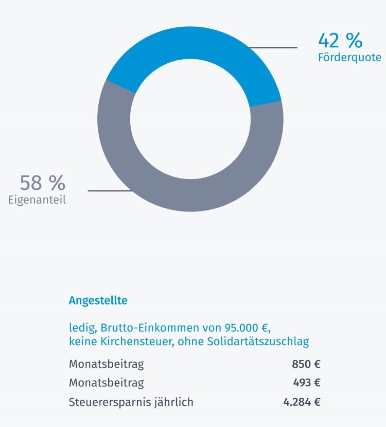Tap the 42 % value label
point(340,40)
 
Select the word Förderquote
point(349,57)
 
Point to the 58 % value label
point(43,183)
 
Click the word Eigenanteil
point(37,200)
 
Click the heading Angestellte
point(98,300)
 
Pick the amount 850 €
point(306,364)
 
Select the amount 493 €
point(307,383)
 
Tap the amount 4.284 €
point(302,402)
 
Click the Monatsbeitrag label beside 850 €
point(107,364)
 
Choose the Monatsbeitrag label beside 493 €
point(107,383)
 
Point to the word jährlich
point(174,402)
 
